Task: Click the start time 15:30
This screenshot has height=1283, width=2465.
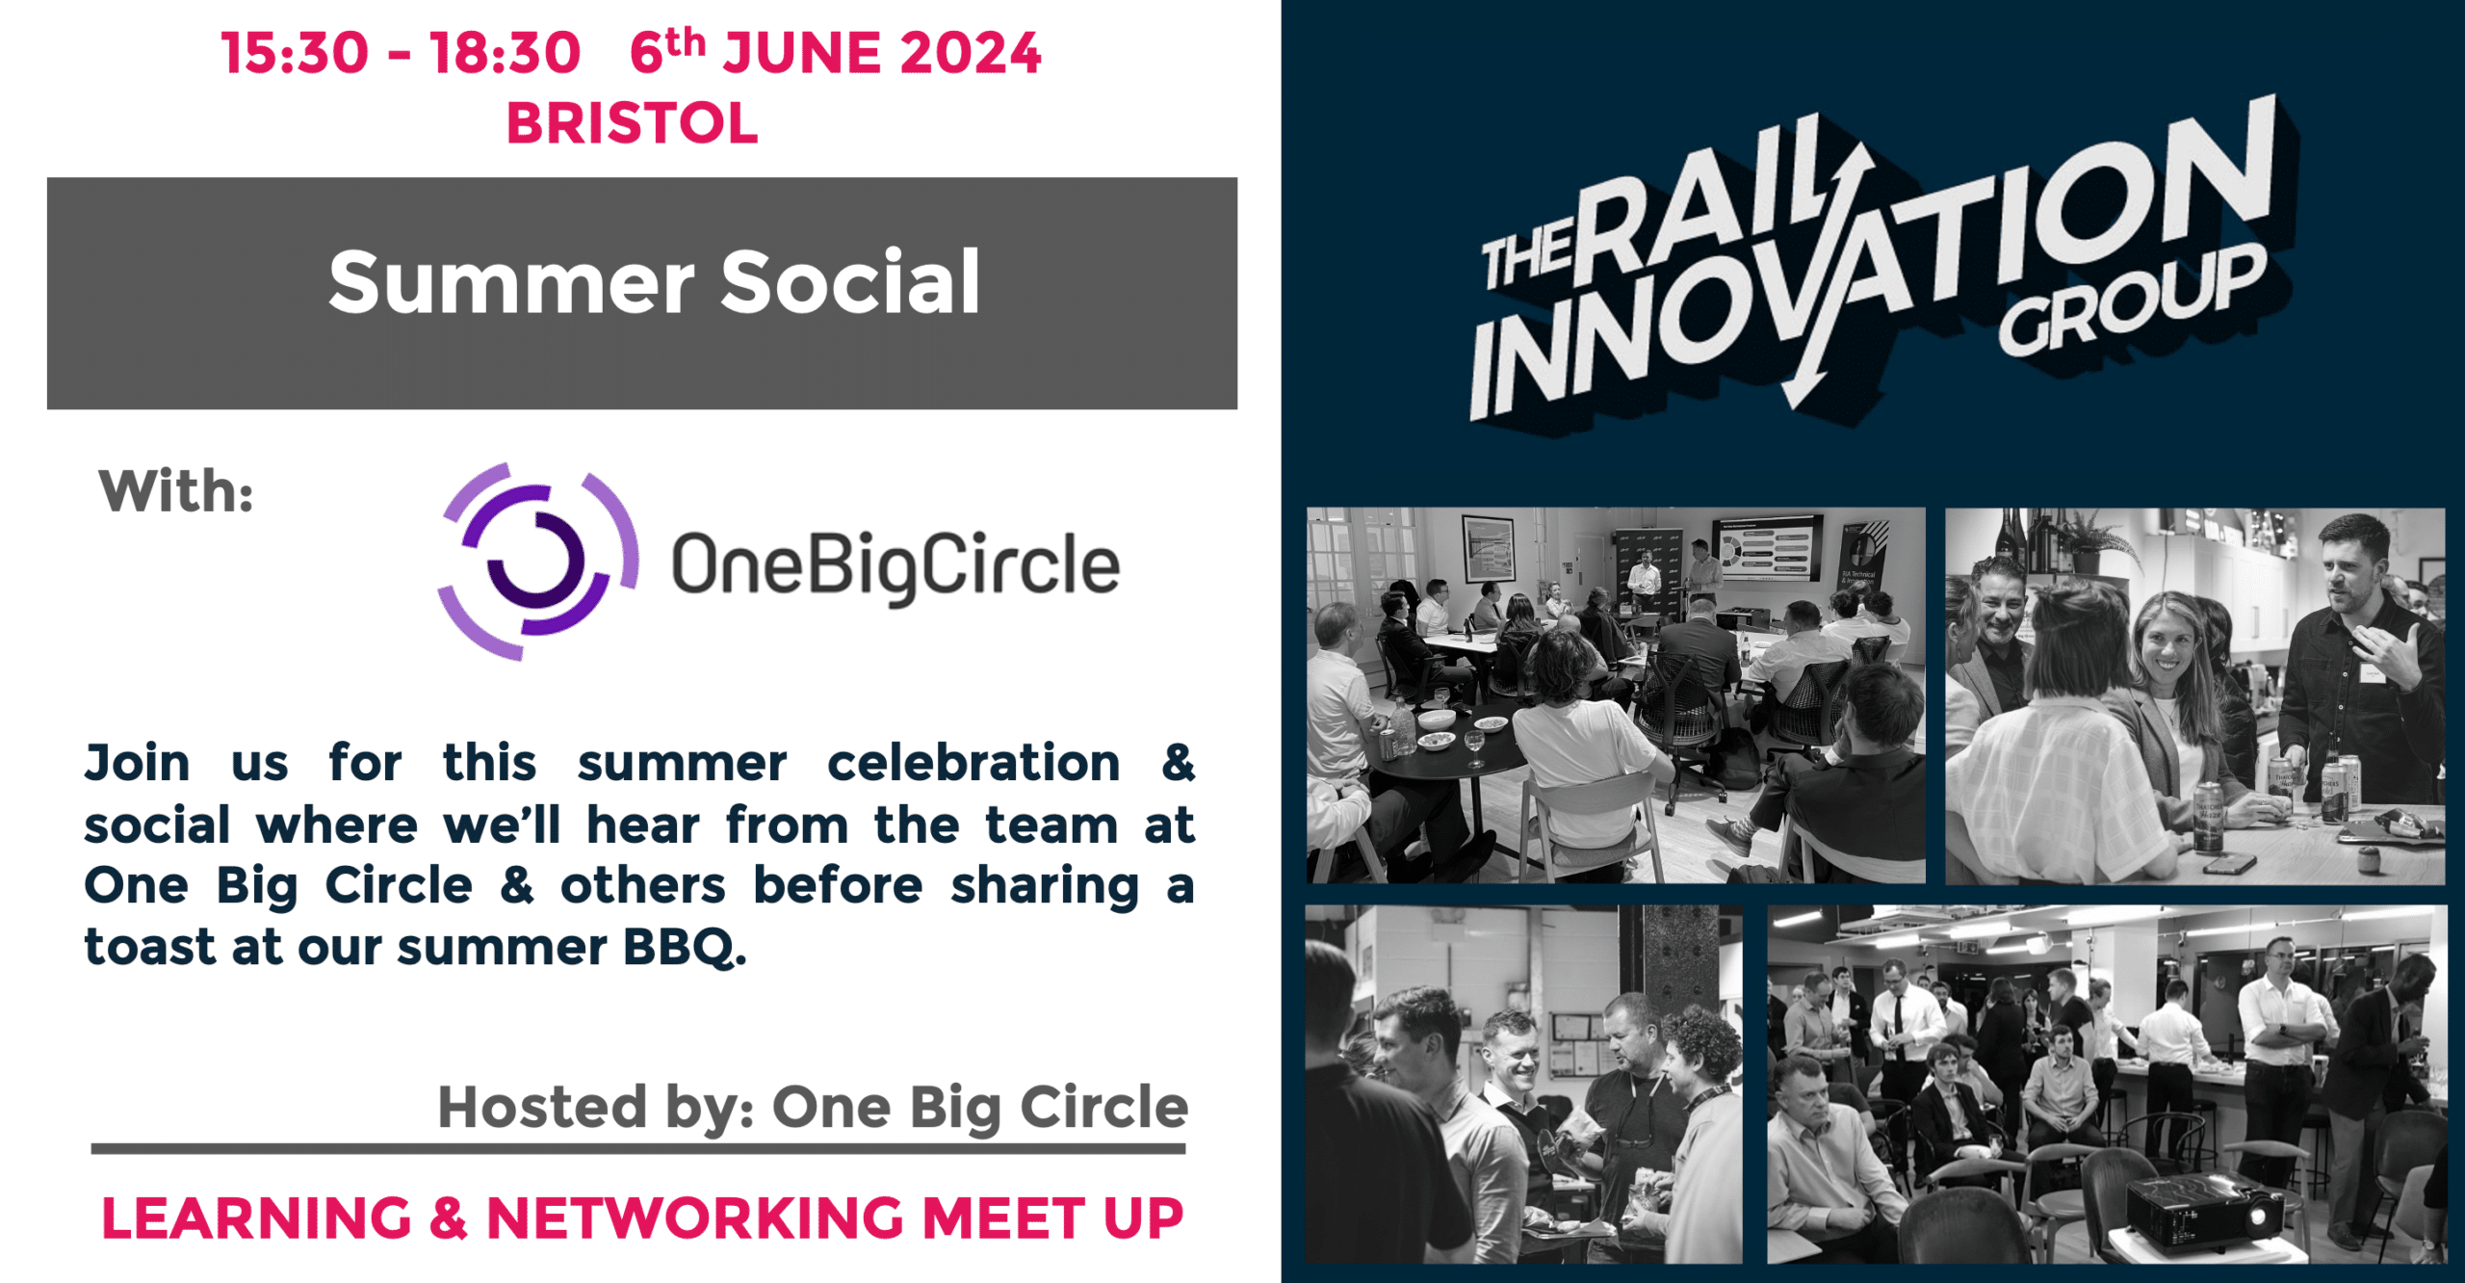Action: [x=295, y=53]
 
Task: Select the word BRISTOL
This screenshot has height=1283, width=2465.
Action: [x=633, y=124]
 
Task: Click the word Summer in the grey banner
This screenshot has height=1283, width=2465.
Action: [x=510, y=282]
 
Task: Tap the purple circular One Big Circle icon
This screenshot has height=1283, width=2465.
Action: [x=537, y=562]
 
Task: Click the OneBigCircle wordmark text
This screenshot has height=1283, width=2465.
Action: [x=895, y=565]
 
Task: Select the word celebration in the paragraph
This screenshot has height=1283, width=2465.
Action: [x=973, y=763]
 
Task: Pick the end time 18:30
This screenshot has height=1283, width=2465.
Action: [x=506, y=53]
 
